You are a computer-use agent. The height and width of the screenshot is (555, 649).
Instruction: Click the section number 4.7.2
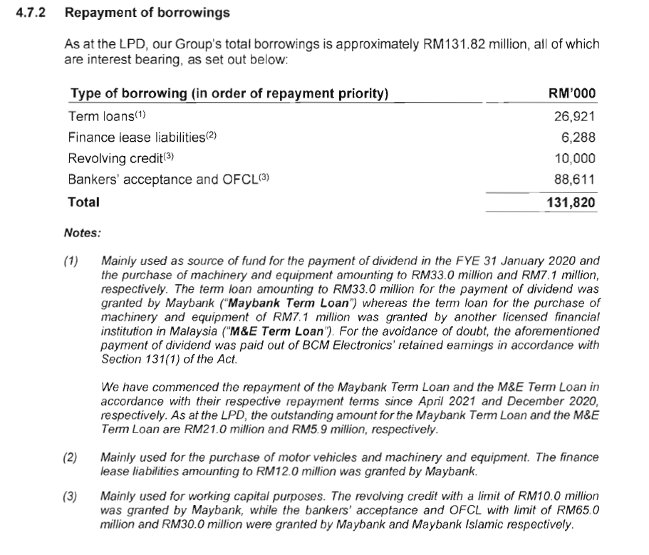click(x=31, y=13)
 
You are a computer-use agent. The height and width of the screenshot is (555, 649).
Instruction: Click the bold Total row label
click(x=83, y=202)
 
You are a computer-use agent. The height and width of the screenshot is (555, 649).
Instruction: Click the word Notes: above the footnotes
click(x=83, y=232)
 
